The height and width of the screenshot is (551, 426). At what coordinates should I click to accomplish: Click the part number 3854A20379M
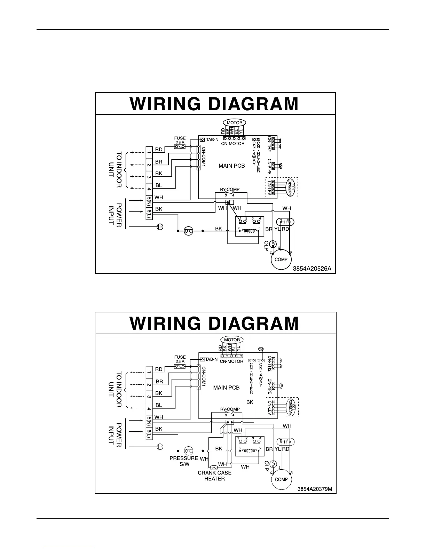point(315,489)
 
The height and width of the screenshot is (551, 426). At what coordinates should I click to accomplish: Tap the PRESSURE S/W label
point(183,461)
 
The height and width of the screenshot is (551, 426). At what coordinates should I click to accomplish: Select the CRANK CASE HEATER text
point(214,476)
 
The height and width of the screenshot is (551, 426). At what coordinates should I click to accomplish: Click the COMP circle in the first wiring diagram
point(281,259)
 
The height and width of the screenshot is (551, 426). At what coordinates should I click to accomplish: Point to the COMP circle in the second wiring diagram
point(281,479)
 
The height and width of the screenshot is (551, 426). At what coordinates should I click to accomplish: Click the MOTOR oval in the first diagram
point(234,123)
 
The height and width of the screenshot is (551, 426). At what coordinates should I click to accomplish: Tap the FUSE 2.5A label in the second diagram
point(180,359)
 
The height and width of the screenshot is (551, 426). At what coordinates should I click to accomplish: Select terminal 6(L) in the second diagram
point(149,433)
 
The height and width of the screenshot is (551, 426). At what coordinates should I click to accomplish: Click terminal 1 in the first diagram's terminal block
point(149,152)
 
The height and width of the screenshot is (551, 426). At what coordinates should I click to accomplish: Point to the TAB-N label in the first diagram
point(212,139)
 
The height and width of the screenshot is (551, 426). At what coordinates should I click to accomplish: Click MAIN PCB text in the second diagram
point(226,388)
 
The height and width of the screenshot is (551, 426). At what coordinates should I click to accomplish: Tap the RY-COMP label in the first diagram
point(230,190)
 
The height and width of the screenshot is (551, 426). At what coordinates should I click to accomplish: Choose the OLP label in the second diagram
point(267,466)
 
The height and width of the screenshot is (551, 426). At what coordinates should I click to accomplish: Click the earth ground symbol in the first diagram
point(160,227)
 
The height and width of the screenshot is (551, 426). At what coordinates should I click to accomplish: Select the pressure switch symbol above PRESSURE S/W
point(188,451)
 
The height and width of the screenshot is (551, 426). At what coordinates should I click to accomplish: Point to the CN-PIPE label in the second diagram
point(270,388)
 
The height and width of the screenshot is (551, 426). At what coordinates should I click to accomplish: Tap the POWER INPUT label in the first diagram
point(115,215)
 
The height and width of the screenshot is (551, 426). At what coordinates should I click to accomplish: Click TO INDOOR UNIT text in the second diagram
point(115,389)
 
